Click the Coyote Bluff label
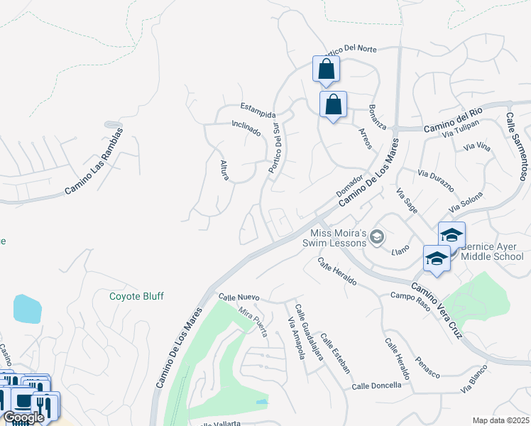[137, 296]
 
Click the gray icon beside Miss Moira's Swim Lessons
[378, 236]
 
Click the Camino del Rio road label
[454, 121]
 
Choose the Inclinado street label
[246, 127]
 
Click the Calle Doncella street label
[376, 386]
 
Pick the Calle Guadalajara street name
[310, 332]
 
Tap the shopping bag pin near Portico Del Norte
[326, 70]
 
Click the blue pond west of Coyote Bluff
[26, 308]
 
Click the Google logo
[23, 417]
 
